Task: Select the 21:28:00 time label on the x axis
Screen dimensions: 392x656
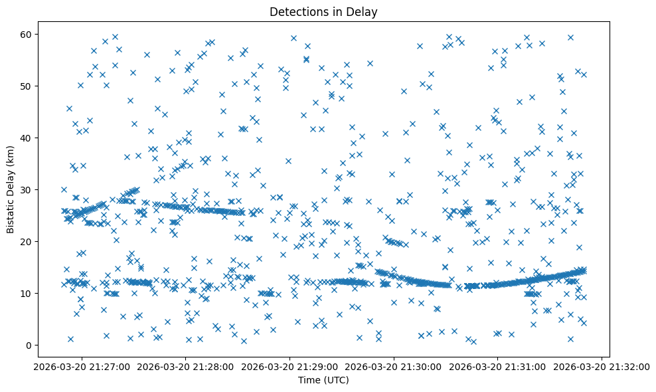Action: click(x=185, y=366)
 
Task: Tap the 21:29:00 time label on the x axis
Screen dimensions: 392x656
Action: click(x=289, y=366)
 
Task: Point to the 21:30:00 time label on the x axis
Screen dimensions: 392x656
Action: click(x=394, y=366)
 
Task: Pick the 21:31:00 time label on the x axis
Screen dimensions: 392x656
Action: click(x=498, y=366)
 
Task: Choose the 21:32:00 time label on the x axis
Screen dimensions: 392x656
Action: click(x=602, y=366)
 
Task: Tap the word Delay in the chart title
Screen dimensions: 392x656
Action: click(x=361, y=11)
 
